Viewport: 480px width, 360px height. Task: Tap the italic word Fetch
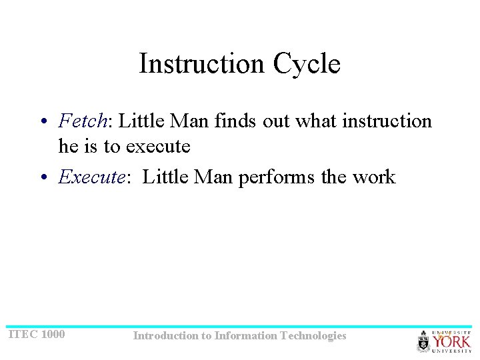click(x=83, y=121)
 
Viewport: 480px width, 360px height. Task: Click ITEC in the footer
click(x=22, y=334)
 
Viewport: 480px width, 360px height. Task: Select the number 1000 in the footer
click(x=53, y=334)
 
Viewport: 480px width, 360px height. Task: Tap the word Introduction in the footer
click(x=165, y=336)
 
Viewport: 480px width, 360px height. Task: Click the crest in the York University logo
click(x=423, y=341)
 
